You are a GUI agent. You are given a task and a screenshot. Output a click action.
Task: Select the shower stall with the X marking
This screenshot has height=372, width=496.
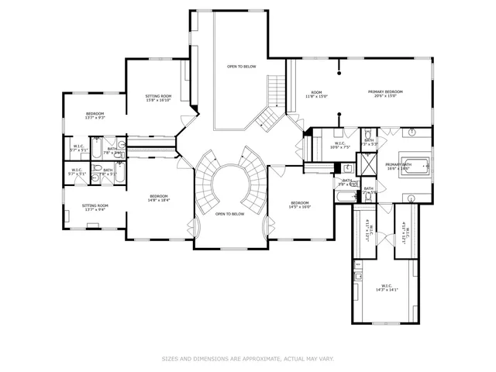point(349,167)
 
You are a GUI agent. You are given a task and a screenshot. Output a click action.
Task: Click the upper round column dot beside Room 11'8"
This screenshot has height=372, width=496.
point(339,75)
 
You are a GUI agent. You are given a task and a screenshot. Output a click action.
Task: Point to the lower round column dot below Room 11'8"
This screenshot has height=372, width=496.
point(339,115)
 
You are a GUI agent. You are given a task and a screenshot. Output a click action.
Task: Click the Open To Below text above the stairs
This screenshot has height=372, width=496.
point(241,67)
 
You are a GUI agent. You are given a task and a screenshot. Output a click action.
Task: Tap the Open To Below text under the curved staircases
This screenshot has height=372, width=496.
point(230,214)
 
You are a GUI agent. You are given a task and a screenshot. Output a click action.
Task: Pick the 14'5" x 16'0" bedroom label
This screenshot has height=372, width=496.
point(300,205)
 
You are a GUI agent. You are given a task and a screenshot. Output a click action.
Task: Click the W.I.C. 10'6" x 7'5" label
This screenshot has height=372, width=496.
point(339,145)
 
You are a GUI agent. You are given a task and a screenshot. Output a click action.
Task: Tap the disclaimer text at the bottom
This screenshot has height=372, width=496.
point(247,359)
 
